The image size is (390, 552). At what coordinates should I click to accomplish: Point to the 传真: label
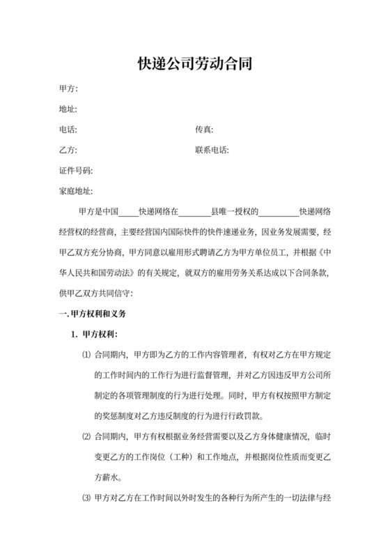(204, 130)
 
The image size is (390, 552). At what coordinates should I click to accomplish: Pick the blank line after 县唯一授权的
(279, 212)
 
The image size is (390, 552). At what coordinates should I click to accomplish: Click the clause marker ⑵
(86, 437)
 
